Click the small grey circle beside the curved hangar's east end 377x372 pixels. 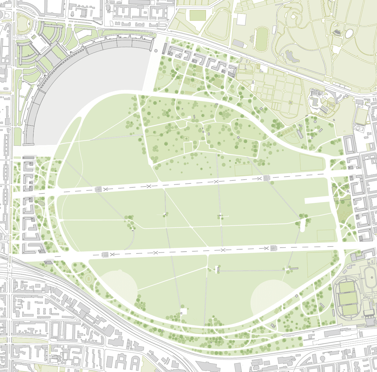156,51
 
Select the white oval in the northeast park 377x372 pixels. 349,34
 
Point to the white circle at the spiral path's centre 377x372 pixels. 293,17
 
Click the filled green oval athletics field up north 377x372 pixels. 262,39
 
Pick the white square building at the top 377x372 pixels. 241,19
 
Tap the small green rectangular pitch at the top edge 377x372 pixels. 198,15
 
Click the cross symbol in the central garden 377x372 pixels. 186,138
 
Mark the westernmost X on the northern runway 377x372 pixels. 105,189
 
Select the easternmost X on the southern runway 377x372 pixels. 266,248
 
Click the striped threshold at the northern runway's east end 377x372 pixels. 266,178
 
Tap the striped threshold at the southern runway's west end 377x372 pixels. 105,254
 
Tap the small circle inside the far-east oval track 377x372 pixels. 372,277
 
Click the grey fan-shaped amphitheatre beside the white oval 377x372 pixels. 337,33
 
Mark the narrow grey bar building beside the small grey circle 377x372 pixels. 165,49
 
